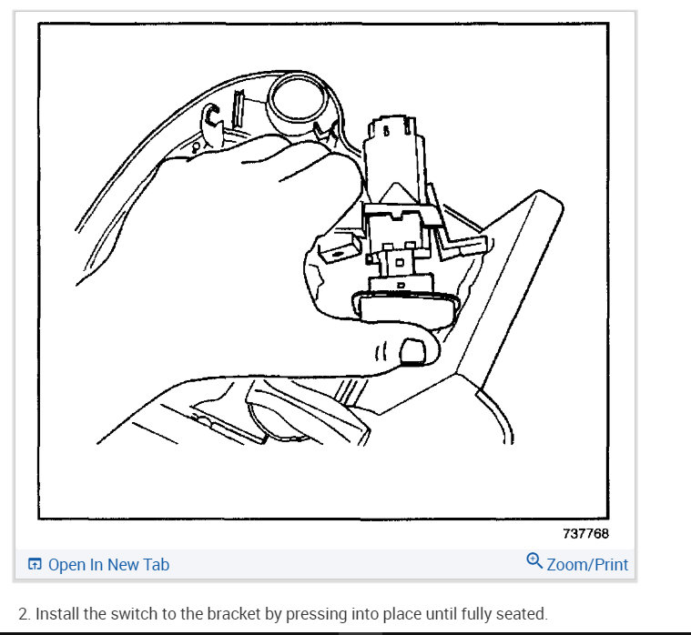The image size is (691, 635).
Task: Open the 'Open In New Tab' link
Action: coord(108,565)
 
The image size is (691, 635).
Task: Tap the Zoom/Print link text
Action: coord(587,564)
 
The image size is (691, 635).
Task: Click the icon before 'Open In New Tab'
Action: coord(35,565)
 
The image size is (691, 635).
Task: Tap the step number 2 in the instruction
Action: coord(23,614)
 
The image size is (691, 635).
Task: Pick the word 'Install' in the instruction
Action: coord(57,614)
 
